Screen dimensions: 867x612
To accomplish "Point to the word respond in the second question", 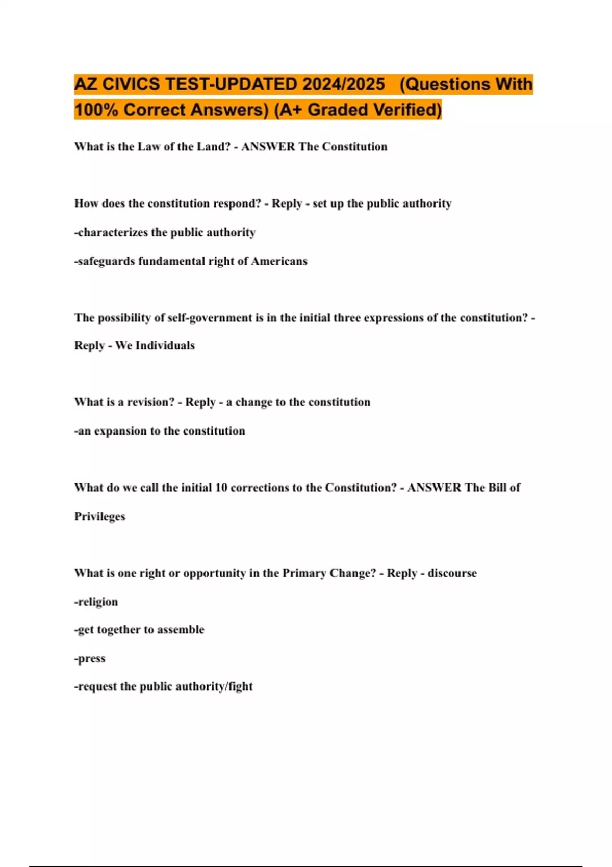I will [x=235, y=203].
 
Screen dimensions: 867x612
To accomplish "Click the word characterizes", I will [x=113, y=233].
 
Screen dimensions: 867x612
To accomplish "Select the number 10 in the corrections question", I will [x=221, y=488].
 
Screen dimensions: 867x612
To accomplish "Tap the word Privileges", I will [x=100, y=517].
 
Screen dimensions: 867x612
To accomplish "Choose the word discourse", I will [x=452, y=573].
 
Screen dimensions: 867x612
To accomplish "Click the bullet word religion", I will [x=97, y=602].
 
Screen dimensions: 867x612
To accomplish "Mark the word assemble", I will [x=181, y=630].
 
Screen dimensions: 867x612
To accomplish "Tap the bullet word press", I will [x=91, y=658].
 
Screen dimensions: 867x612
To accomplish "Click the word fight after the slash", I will [x=241, y=686].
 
